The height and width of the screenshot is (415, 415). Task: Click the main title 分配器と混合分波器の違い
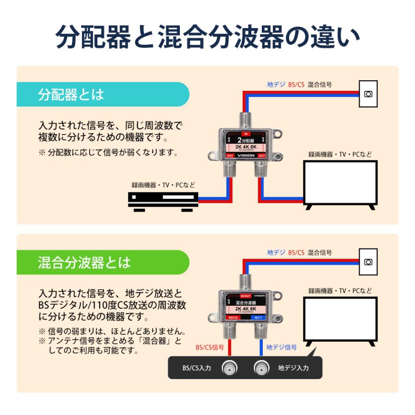coord(207,37)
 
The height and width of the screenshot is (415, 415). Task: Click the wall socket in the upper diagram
coord(368,94)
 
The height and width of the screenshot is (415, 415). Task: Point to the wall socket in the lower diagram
coord(368,261)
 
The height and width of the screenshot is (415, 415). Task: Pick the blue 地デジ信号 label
coord(281,347)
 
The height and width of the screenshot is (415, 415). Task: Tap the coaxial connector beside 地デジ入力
coord(261,368)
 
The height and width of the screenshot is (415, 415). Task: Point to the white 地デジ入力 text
coord(293,368)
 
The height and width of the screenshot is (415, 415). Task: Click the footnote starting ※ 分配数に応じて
coord(108,153)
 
